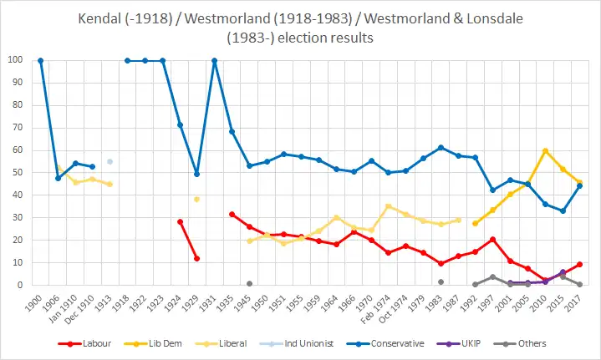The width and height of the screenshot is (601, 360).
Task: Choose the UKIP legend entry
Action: [467, 342]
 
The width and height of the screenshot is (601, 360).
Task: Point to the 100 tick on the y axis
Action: [15, 60]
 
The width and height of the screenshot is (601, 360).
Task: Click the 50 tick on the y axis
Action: [18, 173]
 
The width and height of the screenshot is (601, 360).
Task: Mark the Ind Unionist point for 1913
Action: [110, 161]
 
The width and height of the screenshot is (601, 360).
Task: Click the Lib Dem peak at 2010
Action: [545, 151]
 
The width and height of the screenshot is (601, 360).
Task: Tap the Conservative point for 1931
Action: [214, 60]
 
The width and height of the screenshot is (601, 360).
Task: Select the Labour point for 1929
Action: [196, 258]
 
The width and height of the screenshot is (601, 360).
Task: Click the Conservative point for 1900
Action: [40, 60]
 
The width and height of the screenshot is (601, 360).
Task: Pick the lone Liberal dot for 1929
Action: [196, 200]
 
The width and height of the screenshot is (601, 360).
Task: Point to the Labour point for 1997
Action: [492, 240]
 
